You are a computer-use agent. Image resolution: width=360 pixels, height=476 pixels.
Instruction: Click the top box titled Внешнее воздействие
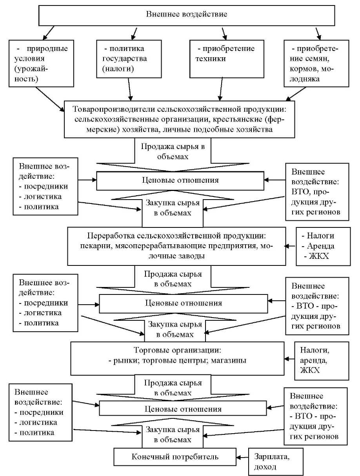(x=187, y=15)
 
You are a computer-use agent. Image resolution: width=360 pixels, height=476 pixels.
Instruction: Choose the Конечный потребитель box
(x=175, y=456)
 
